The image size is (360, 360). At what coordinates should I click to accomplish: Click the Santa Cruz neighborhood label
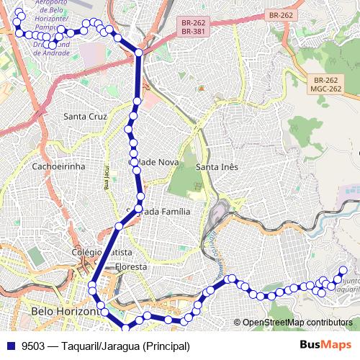tap(85, 116)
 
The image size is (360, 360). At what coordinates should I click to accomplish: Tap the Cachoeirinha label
tap(59, 166)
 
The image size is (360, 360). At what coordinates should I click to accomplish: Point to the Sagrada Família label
tap(158, 212)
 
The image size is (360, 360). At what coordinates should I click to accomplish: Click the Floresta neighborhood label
tap(130, 266)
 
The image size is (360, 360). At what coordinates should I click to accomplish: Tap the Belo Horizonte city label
tap(65, 311)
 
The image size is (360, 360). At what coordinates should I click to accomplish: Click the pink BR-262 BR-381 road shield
tap(191, 27)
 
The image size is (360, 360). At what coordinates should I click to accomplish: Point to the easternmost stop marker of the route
tap(343, 271)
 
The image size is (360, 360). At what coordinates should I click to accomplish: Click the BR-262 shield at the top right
tap(281, 15)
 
